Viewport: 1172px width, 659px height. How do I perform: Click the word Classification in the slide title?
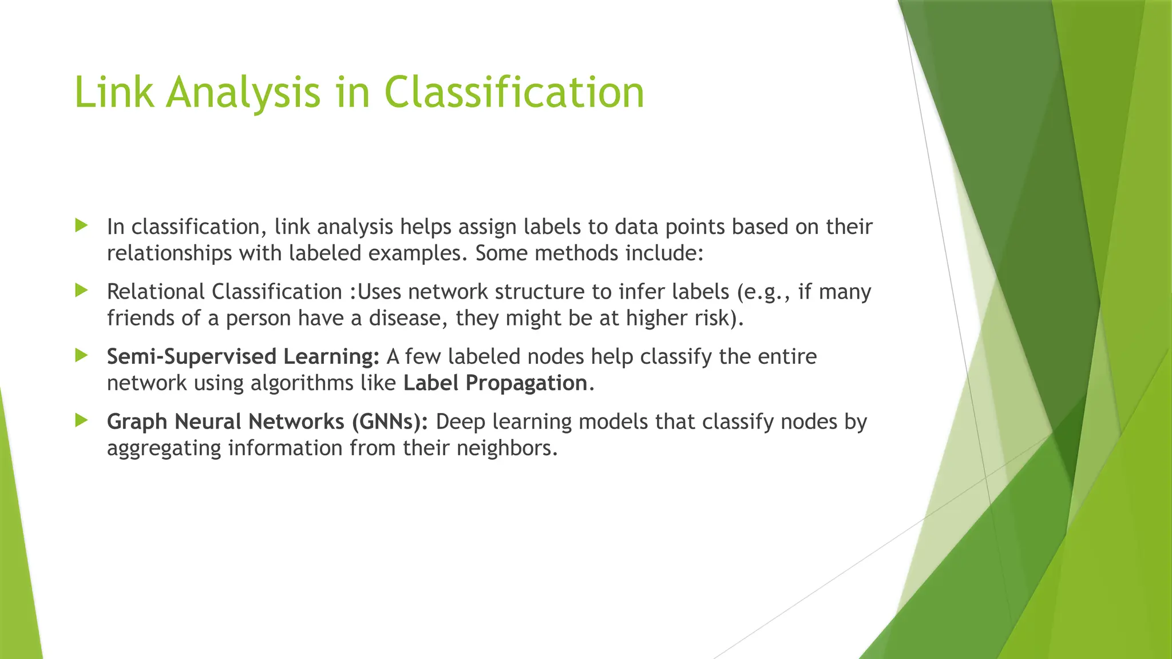pyautogui.click(x=514, y=93)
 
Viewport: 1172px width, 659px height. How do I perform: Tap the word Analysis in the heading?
pyautogui.click(x=243, y=93)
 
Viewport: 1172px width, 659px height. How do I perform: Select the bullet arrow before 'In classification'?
pyautogui.click(x=81, y=225)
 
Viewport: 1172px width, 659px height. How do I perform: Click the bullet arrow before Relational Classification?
pyautogui.click(x=81, y=291)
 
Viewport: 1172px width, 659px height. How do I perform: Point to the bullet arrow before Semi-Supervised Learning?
pyautogui.click(x=81, y=355)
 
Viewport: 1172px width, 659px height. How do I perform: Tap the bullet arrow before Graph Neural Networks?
pyautogui.click(x=81, y=420)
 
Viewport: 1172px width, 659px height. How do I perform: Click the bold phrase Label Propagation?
pyautogui.click(x=495, y=383)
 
